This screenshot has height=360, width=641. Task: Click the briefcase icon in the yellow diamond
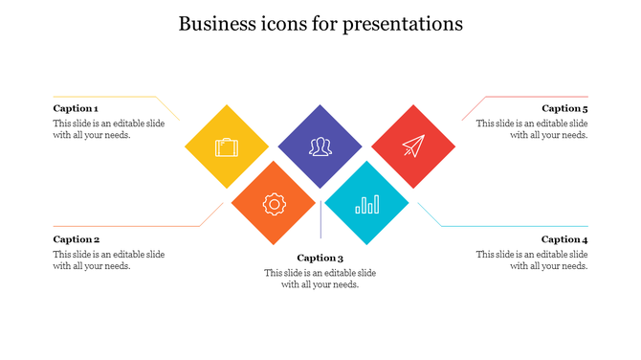(227, 147)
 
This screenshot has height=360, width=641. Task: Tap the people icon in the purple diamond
(320, 146)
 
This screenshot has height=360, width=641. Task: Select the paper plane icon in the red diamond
(412, 146)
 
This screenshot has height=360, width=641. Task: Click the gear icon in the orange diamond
(274, 203)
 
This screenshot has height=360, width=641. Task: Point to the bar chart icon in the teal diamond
(366, 203)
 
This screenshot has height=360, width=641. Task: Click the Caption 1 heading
(76, 108)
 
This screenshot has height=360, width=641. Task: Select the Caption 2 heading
(77, 239)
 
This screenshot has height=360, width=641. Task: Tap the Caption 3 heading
(320, 258)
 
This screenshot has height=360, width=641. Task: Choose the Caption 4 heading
(564, 239)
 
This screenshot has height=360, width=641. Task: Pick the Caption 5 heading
(564, 108)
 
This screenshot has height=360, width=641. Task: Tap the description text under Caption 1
(108, 129)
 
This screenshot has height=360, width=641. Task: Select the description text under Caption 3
(320, 279)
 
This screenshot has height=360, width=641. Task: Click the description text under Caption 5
(532, 129)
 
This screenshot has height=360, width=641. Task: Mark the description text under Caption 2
(108, 260)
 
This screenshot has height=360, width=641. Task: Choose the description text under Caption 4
(532, 260)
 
